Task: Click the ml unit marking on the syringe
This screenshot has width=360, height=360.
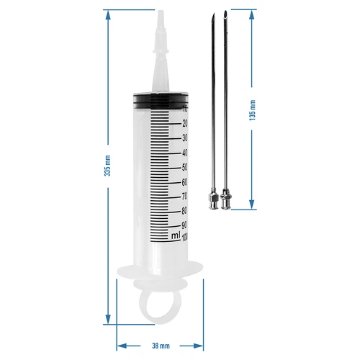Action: coord(175,235)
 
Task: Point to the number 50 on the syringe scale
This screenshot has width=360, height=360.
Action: coord(184,167)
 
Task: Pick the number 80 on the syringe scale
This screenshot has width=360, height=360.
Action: coord(184,210)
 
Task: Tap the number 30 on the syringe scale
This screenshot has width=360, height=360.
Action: coord(184,138)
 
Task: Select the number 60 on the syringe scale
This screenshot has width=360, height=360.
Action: coord(184,181)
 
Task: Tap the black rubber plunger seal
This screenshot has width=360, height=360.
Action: coord(159,99)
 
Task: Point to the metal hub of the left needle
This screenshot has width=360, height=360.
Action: coord(212,199)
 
